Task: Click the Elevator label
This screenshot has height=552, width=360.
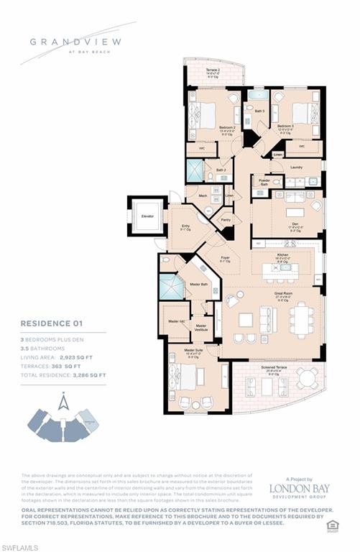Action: (x=147, y=216)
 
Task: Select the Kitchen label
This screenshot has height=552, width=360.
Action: (x=283, y=254)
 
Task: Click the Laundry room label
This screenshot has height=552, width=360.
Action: (x=296, y=167)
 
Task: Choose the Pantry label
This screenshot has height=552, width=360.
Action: (x=226, y=220)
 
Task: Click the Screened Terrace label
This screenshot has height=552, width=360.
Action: (x=277, y=369)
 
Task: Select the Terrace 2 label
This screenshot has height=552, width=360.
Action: (x=214, y=70)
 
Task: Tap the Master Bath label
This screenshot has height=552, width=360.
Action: (x=199, y=285)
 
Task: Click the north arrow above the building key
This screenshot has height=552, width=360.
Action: (x=64, y=401)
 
